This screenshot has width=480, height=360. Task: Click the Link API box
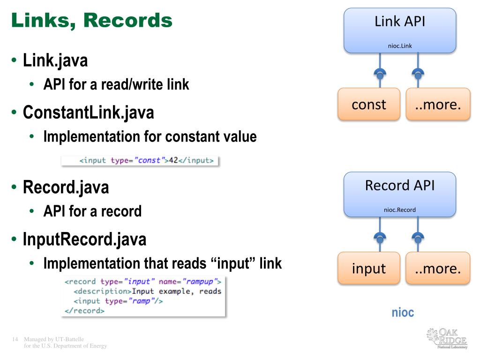click(x=400, y=30)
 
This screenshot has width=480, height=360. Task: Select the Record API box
click(x=400, y=195)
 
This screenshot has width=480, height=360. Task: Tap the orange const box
click(x=369, y=104)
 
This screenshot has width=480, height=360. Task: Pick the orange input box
click(x=369, y=268)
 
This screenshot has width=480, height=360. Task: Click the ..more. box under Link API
click(x=438, y=104)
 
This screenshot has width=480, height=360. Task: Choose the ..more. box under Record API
click(x=438, y=268)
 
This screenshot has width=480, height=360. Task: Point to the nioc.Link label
click(x=400, y=46)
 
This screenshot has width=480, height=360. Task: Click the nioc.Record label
click(x=400, y=210)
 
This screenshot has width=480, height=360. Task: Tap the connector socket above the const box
click(x=380, y=74)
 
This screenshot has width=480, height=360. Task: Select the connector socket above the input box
click(x=380, y=238)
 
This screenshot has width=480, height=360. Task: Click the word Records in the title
click(x=127, y=20)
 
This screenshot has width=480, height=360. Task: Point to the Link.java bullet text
click(x=55, y=60)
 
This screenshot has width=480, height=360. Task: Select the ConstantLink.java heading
click(x=89, y=112)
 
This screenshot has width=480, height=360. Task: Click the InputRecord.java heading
click(x=85, y=239)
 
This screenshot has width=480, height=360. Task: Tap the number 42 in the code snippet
click(x=173, y=160)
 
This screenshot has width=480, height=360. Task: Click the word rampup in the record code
click(x=199, y=281)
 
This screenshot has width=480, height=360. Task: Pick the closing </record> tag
click(x=84, y=311)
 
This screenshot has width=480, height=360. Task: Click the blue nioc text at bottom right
click(x=403, y=313)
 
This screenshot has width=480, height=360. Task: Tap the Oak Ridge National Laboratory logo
click(x=447, y=338)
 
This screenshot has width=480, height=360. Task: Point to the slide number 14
click(x=15, y=339)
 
